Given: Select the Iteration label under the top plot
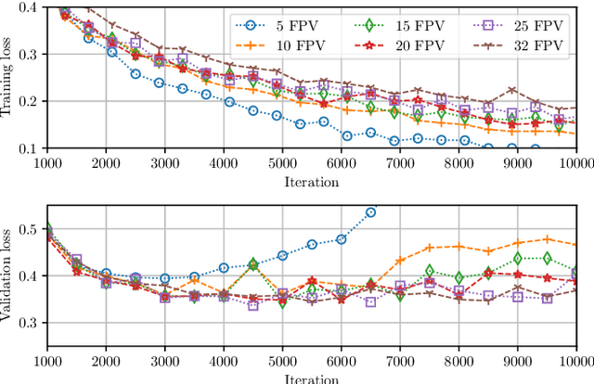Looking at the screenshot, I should [x=312, y=182].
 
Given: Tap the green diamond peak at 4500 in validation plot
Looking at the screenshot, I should [x=253, y=264].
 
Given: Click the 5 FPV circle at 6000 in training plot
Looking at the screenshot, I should [x=347, y=135].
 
